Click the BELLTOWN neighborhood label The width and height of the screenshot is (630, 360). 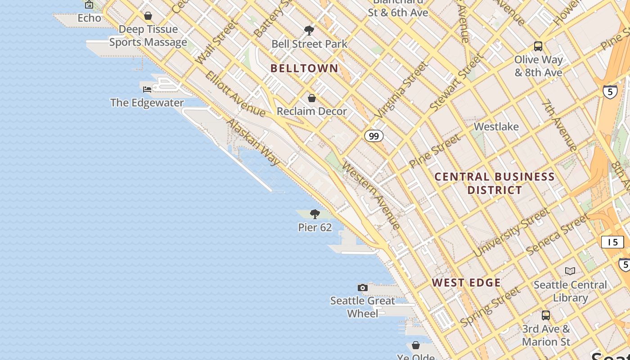[x=304, y=68]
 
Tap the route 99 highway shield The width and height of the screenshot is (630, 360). [x=373, y=136]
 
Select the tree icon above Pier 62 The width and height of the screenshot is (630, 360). [x=315, y=214]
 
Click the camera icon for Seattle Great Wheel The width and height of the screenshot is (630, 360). [x=362, y=288]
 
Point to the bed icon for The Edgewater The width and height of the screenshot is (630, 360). [x=147, y=89]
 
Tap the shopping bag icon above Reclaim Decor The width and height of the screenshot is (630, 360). [x=311, y=98]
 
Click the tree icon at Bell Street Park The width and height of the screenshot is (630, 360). [x=309, y=31]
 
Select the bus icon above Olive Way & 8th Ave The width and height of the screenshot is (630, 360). [x=538, y=46]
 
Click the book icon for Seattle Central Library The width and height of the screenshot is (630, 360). [x=570, y=271]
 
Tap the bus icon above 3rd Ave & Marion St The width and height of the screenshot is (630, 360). [x=546, y=315]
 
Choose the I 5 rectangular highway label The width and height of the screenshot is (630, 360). [x=612, y=242]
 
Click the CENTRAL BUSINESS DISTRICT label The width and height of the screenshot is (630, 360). [x=495, y=183]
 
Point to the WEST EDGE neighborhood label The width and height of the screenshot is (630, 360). [x=466, y=283]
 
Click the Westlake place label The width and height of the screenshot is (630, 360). [x=496, y=127]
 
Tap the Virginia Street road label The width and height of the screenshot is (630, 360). [x=402, y=89]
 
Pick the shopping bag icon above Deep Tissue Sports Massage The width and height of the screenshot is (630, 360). [x=148, y=16]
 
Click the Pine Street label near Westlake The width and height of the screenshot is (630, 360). [x=435, y=151]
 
